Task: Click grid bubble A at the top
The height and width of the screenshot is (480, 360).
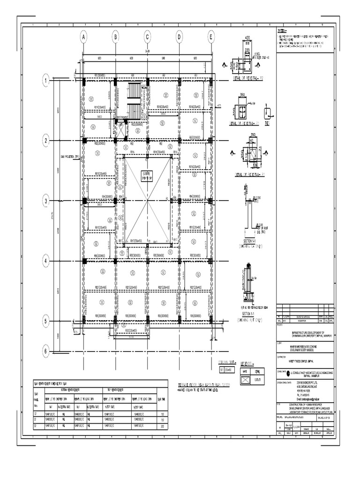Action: point(83,37)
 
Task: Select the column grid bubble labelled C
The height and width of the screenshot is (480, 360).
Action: point(147,37)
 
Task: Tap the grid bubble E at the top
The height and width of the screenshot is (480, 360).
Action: point(211,37)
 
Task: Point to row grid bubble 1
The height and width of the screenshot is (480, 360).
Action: point(46,81)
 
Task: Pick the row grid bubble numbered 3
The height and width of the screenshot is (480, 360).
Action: point(46,201)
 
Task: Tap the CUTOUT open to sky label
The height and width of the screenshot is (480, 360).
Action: point(147,176)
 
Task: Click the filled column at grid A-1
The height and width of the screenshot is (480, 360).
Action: point(83,81)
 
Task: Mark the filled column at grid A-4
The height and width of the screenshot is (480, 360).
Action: point(83,261)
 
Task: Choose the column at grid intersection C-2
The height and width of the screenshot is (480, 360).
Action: point(147,141)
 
